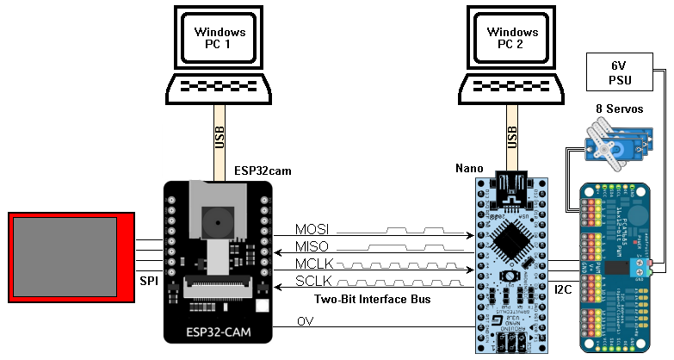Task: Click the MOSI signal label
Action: click(312, 230)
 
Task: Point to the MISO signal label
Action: click(312, 247)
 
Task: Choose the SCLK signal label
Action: click(312, 282)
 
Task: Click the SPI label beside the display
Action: click(148, 281)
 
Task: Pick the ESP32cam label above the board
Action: click(263, 171)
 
